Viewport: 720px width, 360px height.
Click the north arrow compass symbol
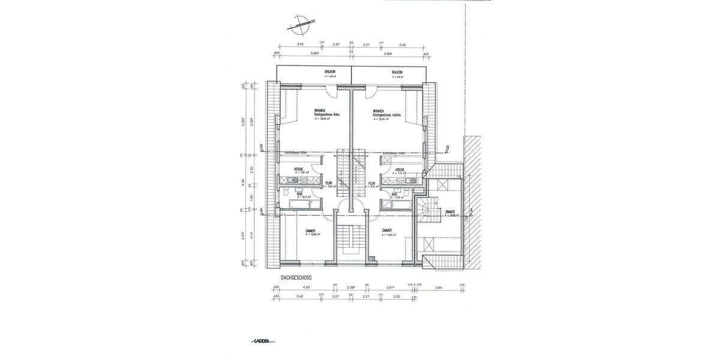pyautogui.click(x=299, y=26)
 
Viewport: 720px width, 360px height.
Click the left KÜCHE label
pyautogui.click(x=298, y=170)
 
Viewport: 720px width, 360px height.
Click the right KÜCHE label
pyautogui.click(x=400, y=170)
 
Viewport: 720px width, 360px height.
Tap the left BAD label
pyautogui.click(x=299, y=194)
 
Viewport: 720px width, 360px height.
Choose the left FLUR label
pyautogui.click(x=328, y=183)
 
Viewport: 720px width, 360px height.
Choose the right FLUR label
pyautogui.click(x=372, y=183)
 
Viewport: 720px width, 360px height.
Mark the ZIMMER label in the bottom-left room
pyautogui.click(x=311, y=231)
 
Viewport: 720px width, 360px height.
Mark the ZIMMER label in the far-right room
pyautogui.click(x=449, y=212)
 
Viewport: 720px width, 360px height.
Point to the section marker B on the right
pyautogui.click(x=448, y=147)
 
